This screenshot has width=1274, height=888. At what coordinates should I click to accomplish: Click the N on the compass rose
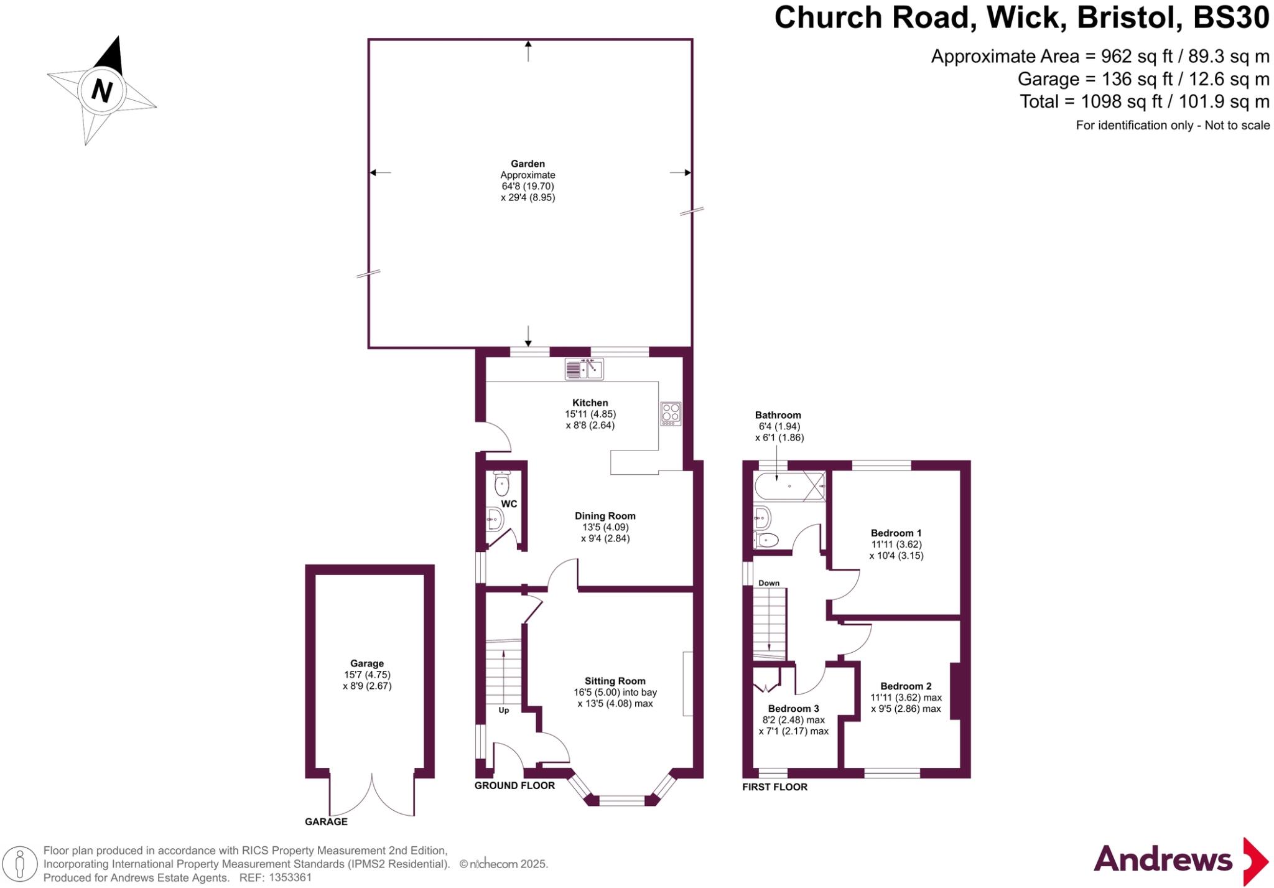pos(101,91)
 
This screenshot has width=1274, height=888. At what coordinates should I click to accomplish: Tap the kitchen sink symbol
pos(584,369)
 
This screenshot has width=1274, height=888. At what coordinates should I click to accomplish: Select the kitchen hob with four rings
pos(671,413)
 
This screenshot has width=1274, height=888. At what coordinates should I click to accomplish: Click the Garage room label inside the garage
pos(367,663)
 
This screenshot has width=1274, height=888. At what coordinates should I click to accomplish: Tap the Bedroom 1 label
pos(896,533)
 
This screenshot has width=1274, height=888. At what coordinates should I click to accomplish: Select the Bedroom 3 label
pos(793,708)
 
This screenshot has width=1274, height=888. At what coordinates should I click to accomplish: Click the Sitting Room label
pos(615,681)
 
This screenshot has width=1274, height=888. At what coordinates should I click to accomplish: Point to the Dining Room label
pos(605,516)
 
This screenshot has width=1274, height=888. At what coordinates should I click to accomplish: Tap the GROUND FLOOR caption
pos(514,785)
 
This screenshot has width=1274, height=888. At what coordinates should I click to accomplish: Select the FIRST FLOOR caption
pos(774,787)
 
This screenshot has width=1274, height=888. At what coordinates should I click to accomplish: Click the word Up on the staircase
pos(504,710)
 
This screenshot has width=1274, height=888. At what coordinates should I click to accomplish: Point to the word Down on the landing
pos(769,583)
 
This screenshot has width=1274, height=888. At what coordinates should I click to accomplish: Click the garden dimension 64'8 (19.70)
pos(528,186)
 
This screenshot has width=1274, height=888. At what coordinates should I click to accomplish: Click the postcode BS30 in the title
pos(1230,17)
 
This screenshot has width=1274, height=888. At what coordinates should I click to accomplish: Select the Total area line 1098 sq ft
pos(1145,101)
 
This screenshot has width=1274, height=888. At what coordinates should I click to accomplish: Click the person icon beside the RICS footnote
pos(19,864)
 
